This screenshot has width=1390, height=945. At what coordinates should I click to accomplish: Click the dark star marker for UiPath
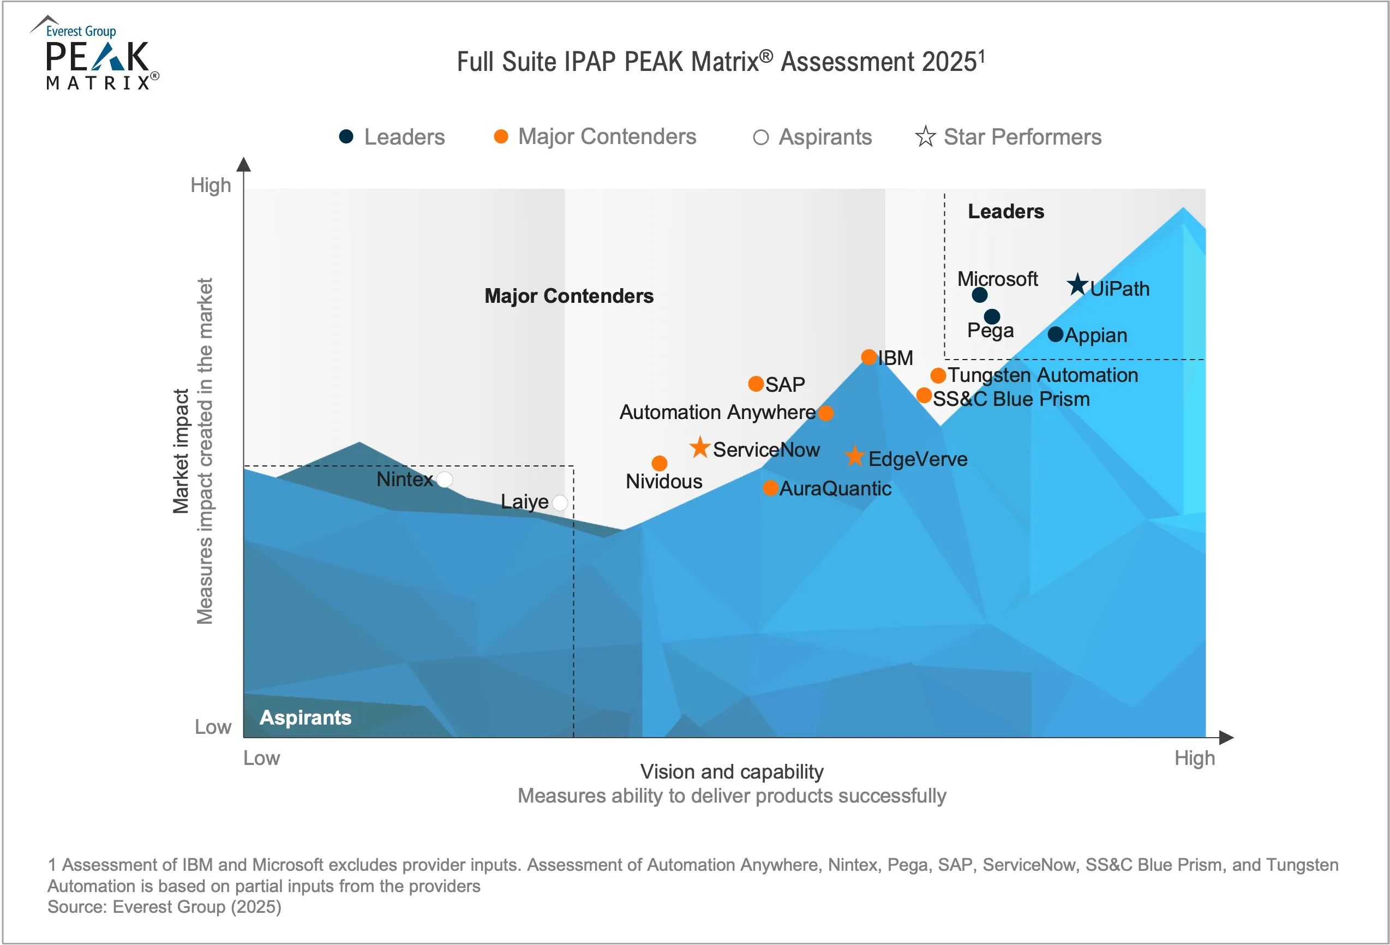[1078, 285]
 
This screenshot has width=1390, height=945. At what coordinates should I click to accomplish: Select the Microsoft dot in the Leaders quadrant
[980, 295]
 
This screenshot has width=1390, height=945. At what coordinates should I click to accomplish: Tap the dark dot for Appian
[1056, 334]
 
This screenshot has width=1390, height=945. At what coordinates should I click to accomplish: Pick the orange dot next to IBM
[869, 357]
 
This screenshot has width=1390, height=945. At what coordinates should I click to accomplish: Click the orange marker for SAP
[756, 384]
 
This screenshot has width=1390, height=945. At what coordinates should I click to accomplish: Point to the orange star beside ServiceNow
[700, 447]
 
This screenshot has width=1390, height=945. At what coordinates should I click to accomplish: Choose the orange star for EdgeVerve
[855, 457]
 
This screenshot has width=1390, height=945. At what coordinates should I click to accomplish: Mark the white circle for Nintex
[445, 479]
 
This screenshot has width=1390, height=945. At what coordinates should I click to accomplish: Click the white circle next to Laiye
[560, 503]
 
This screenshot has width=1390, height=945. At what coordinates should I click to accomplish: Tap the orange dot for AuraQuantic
[770, 488]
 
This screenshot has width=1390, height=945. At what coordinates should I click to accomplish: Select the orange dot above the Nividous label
[659, 463]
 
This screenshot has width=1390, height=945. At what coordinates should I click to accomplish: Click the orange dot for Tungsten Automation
[938, 375]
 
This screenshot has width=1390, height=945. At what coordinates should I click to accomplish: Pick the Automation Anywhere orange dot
[825, 412]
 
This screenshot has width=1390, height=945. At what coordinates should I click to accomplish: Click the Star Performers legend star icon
[925, 136]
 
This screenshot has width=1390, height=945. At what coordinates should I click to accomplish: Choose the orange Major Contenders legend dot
[501, 136]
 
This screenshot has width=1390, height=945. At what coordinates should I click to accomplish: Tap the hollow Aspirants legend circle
[761, 137]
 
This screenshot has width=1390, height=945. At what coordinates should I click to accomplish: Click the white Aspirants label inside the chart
[305, 717]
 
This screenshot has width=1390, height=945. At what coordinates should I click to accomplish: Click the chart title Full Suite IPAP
[720, 62]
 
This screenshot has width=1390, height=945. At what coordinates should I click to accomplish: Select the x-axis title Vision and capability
[732, 771]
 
